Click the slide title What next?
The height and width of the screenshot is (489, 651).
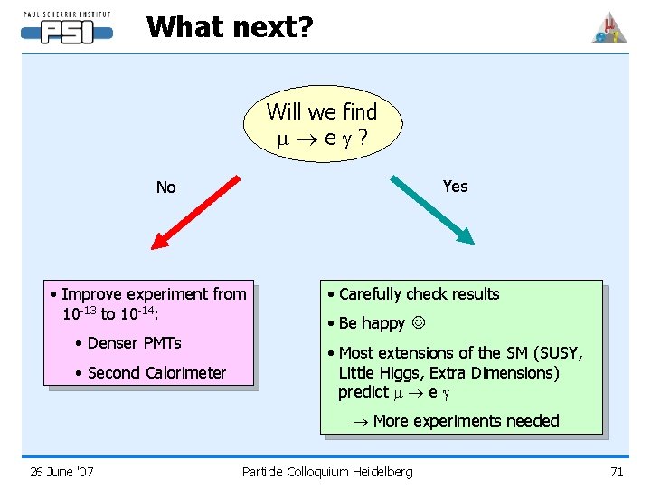click(230, 27)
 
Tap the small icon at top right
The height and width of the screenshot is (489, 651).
click(609, 28)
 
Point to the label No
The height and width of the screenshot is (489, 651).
click(165, 187)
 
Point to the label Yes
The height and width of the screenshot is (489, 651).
click(455, 186)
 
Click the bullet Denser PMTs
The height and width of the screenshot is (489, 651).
click(134, 342)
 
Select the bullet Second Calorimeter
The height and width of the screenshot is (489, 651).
click(156, 372)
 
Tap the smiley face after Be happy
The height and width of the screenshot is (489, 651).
click(418, 323)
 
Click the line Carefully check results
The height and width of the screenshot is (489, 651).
click(419, 293)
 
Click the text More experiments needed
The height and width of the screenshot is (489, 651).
click(466, 420)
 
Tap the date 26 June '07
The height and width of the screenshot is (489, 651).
click(61, 471)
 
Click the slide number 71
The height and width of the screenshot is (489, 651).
click(617, 471)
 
